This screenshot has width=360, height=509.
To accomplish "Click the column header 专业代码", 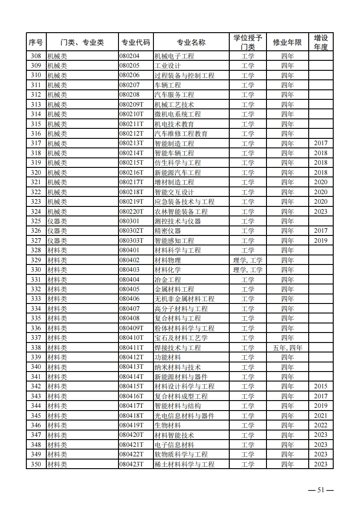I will [x=135, y=43].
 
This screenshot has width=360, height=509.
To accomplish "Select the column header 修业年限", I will [x=287, y=43].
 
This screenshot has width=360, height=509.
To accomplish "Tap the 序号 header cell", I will [x=36, y=43].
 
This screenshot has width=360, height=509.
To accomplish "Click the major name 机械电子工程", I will [x=174, y=56].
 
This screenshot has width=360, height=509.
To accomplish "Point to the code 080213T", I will [x=131, y=143].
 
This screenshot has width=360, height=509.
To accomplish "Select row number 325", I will [x=36, y=221].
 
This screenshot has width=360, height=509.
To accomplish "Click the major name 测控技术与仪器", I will [x=178, y=221].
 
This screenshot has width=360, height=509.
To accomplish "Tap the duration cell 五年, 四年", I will [x=287, y=347].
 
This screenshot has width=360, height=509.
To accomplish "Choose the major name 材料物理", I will [x=168, y=260].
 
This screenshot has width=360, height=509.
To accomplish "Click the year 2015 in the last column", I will [x=321, y=386].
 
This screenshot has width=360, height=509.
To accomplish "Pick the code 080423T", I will [x=131, y=464].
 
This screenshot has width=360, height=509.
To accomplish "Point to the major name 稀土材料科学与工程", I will [x=184, y=464].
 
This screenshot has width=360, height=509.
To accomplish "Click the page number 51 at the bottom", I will [x=321, y=490].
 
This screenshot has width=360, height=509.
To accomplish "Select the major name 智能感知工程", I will [x=174, y=240].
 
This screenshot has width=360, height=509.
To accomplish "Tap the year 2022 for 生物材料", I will [x=321, y=425].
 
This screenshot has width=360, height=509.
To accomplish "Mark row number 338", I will [x=36, y=347].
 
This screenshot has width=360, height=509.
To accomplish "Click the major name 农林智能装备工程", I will [x=181, y=211].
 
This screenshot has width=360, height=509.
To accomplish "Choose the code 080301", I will [x=129, y=221].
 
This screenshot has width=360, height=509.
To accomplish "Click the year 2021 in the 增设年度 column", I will [x=321, y=416].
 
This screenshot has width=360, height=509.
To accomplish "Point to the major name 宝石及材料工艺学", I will [x=181, y=338].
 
